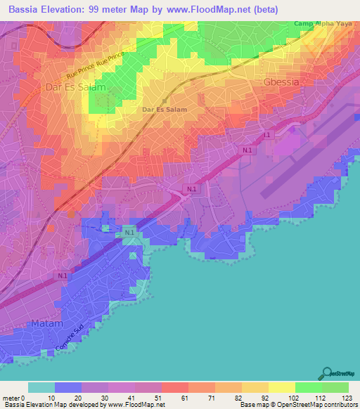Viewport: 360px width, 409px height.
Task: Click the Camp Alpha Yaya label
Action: pos(321,23)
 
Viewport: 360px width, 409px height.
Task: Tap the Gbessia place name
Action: pos(281,82)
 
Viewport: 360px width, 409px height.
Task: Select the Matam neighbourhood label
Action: pos(46,324)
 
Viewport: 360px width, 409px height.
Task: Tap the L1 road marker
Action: pos(266,134)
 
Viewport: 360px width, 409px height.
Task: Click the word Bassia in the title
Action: pos(25,10)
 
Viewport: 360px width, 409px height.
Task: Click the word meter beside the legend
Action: pos(11,398)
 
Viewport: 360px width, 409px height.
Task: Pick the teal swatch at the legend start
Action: pos(41,387)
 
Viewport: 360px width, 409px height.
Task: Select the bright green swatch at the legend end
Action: pos(335,387)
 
